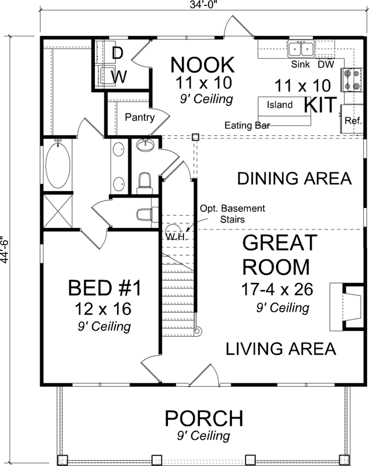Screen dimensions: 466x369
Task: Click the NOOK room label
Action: point(203,63)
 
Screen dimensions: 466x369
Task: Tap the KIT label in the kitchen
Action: point(322,105)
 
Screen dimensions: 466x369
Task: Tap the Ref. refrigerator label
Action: point(353,121)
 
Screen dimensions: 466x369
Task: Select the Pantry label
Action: point(140,118)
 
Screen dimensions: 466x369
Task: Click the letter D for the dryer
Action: point(118,54)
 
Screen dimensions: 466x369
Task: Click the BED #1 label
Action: point(105,288)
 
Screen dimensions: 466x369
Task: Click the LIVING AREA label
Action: point(281,349)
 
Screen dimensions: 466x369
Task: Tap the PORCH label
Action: point(203,418)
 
